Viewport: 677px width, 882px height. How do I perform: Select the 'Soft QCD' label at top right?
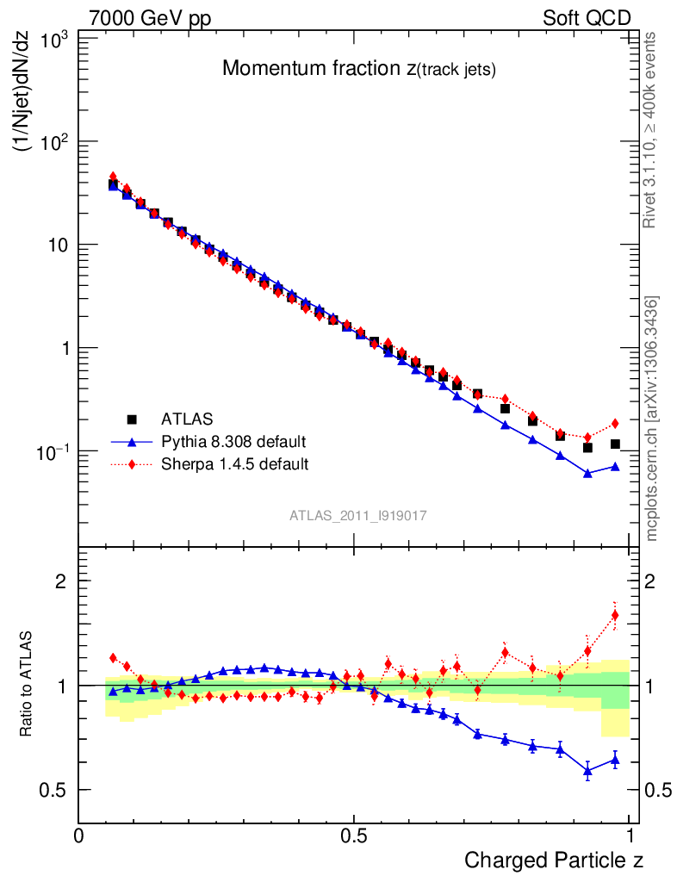pyautogui.click(x=587, y=18)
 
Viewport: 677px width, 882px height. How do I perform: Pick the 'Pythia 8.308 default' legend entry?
pyautogui.click(x=233, y=442)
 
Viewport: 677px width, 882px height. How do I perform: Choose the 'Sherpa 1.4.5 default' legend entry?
pyautogui.click(x=235, y=464)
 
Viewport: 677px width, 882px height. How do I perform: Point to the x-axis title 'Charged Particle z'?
pyautogui.click(x=554, y=860)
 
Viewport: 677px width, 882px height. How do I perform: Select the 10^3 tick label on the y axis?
pyautogui.click(x=55, y=39)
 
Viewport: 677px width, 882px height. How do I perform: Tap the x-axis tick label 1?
pyautogui.click(x=630, y=835)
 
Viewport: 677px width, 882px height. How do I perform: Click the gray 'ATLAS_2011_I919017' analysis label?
pyautogui.click(x=358, y=515)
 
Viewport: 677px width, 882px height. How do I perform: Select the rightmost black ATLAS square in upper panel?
pyautogui.click(x=615, y=444)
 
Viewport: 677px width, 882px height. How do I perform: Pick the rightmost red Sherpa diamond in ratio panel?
pyautogui.click(x=615, y=615)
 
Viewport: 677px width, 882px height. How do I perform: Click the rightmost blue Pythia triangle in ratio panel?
pyautogui.click(x=615, y=759)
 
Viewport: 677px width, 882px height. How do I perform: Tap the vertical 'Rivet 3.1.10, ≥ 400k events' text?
pyautogui.click(x=651, y=130)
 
